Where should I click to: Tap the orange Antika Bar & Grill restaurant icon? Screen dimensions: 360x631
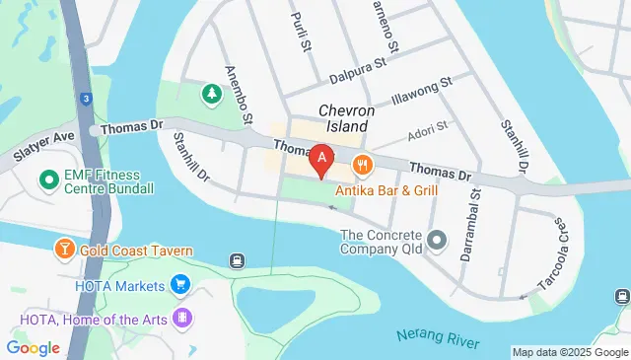click(x=364, y=165)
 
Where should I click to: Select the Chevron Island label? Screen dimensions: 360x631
click(x=344, y=118)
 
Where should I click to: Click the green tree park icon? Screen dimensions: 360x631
click(x=211, y=94)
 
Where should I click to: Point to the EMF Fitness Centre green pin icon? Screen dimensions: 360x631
click(x=46, y=180)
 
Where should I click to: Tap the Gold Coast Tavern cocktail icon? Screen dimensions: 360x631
click(x=65, y=251)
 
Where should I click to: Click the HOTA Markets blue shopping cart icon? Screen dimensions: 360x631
click(x=179, y=285)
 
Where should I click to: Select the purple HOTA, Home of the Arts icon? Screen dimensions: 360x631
click(x=181, y=319)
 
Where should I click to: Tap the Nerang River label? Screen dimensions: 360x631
click(x=439, y=338)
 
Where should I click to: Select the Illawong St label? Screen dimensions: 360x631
click(x=421, y=92)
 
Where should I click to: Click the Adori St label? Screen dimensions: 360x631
click(x=428, y=127)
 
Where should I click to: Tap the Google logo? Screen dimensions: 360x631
click(x=33, y=348)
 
